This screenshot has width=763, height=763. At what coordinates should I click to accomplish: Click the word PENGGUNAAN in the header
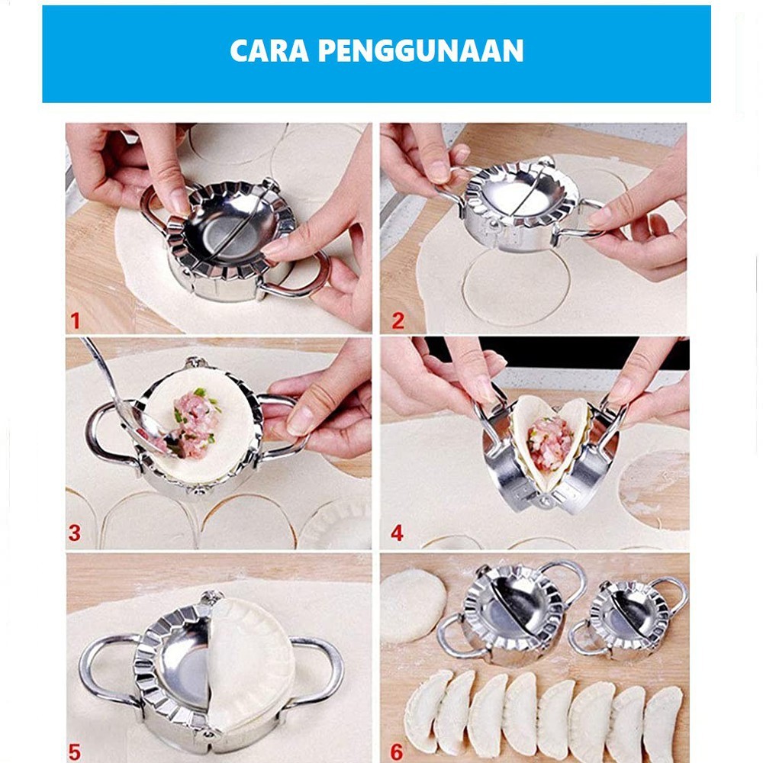420,50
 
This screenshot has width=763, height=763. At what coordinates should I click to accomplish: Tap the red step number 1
75,320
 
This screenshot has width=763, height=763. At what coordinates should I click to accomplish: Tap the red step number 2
398,320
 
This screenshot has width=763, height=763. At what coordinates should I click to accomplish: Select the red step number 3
74,533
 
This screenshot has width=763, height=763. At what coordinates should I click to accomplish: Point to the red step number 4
397,532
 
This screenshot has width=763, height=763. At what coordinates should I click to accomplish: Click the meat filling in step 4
549,443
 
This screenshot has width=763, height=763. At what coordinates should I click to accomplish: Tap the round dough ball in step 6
413,605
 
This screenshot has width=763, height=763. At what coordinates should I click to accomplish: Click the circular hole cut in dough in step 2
516,286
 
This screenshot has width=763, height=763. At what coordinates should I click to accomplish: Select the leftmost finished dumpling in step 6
427,710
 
